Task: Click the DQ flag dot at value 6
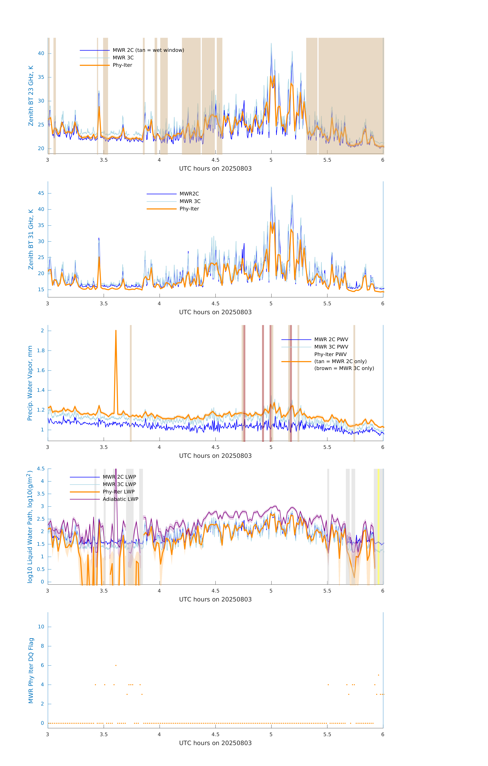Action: point(116,665)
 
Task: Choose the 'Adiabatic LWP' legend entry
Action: point(120,499)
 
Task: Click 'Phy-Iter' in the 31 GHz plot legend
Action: point(189,209)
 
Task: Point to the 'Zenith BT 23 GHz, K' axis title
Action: point(31,96)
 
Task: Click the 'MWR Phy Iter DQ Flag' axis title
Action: point(31,671)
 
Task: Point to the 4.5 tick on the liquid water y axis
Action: point(41,469)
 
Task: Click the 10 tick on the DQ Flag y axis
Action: point(41,627)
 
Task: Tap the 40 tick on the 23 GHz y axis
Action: point(41,53)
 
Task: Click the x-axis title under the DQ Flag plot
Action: point(215,743)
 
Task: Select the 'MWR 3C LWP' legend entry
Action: point(119,484)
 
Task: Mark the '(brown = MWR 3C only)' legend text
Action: point(344,368)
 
